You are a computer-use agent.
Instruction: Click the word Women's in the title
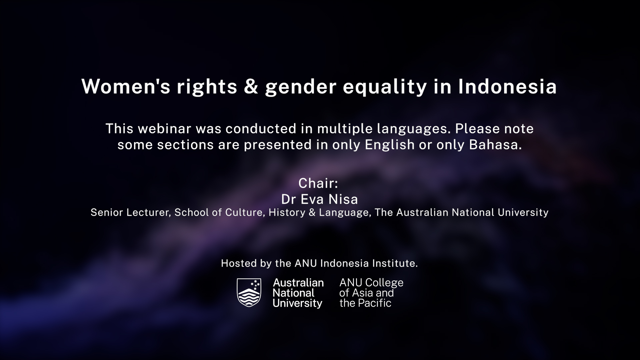(126, 87)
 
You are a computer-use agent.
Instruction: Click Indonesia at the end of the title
(507, 87)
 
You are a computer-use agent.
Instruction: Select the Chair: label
(318, 183)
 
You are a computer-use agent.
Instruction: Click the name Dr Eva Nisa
(320, 199)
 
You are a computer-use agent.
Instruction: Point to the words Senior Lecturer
(131, 212)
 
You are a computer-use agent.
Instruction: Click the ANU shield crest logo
(249, 292)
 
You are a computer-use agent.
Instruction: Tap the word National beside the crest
(293, 293)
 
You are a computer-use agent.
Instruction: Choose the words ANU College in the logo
(371, 283)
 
